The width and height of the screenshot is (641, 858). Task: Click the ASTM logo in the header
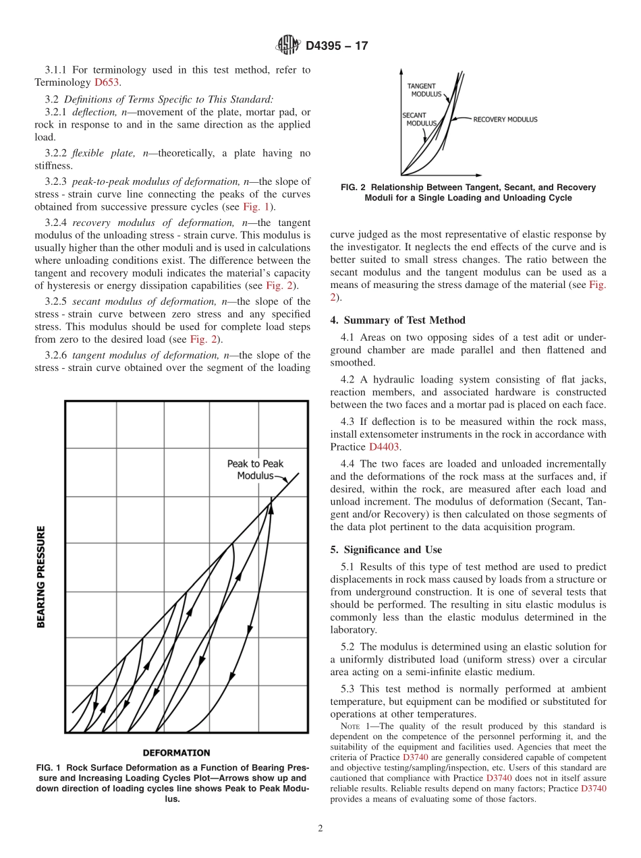point(288,46)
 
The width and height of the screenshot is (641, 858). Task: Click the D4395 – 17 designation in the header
point(337,47)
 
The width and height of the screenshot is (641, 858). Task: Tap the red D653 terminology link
point(107,82)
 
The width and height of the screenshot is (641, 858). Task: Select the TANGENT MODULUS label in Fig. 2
point(422,90)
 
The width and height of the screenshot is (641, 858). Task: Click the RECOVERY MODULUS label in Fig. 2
point(505,119)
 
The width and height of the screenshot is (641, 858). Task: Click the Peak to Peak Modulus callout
point(255,469)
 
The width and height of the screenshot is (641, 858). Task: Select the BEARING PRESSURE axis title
point(42,577)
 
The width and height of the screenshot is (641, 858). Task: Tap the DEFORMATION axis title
point(176,752)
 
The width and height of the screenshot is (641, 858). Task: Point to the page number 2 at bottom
point(320,829)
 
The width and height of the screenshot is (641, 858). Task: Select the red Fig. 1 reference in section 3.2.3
point(256,206)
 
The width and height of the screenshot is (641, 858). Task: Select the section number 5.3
point(350,689)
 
